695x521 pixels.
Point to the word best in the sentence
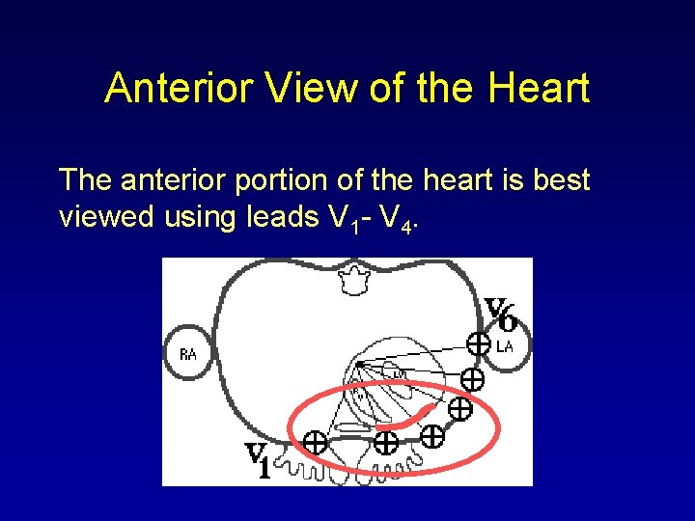(560, 180)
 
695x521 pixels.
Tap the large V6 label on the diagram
(501, 314)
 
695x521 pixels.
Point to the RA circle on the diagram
(188, 354)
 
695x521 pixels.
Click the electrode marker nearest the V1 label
(315, 443)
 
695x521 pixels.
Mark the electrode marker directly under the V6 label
(477, 343)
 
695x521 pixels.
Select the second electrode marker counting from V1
(386, 443)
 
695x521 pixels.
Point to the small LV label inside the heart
(395, 371)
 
